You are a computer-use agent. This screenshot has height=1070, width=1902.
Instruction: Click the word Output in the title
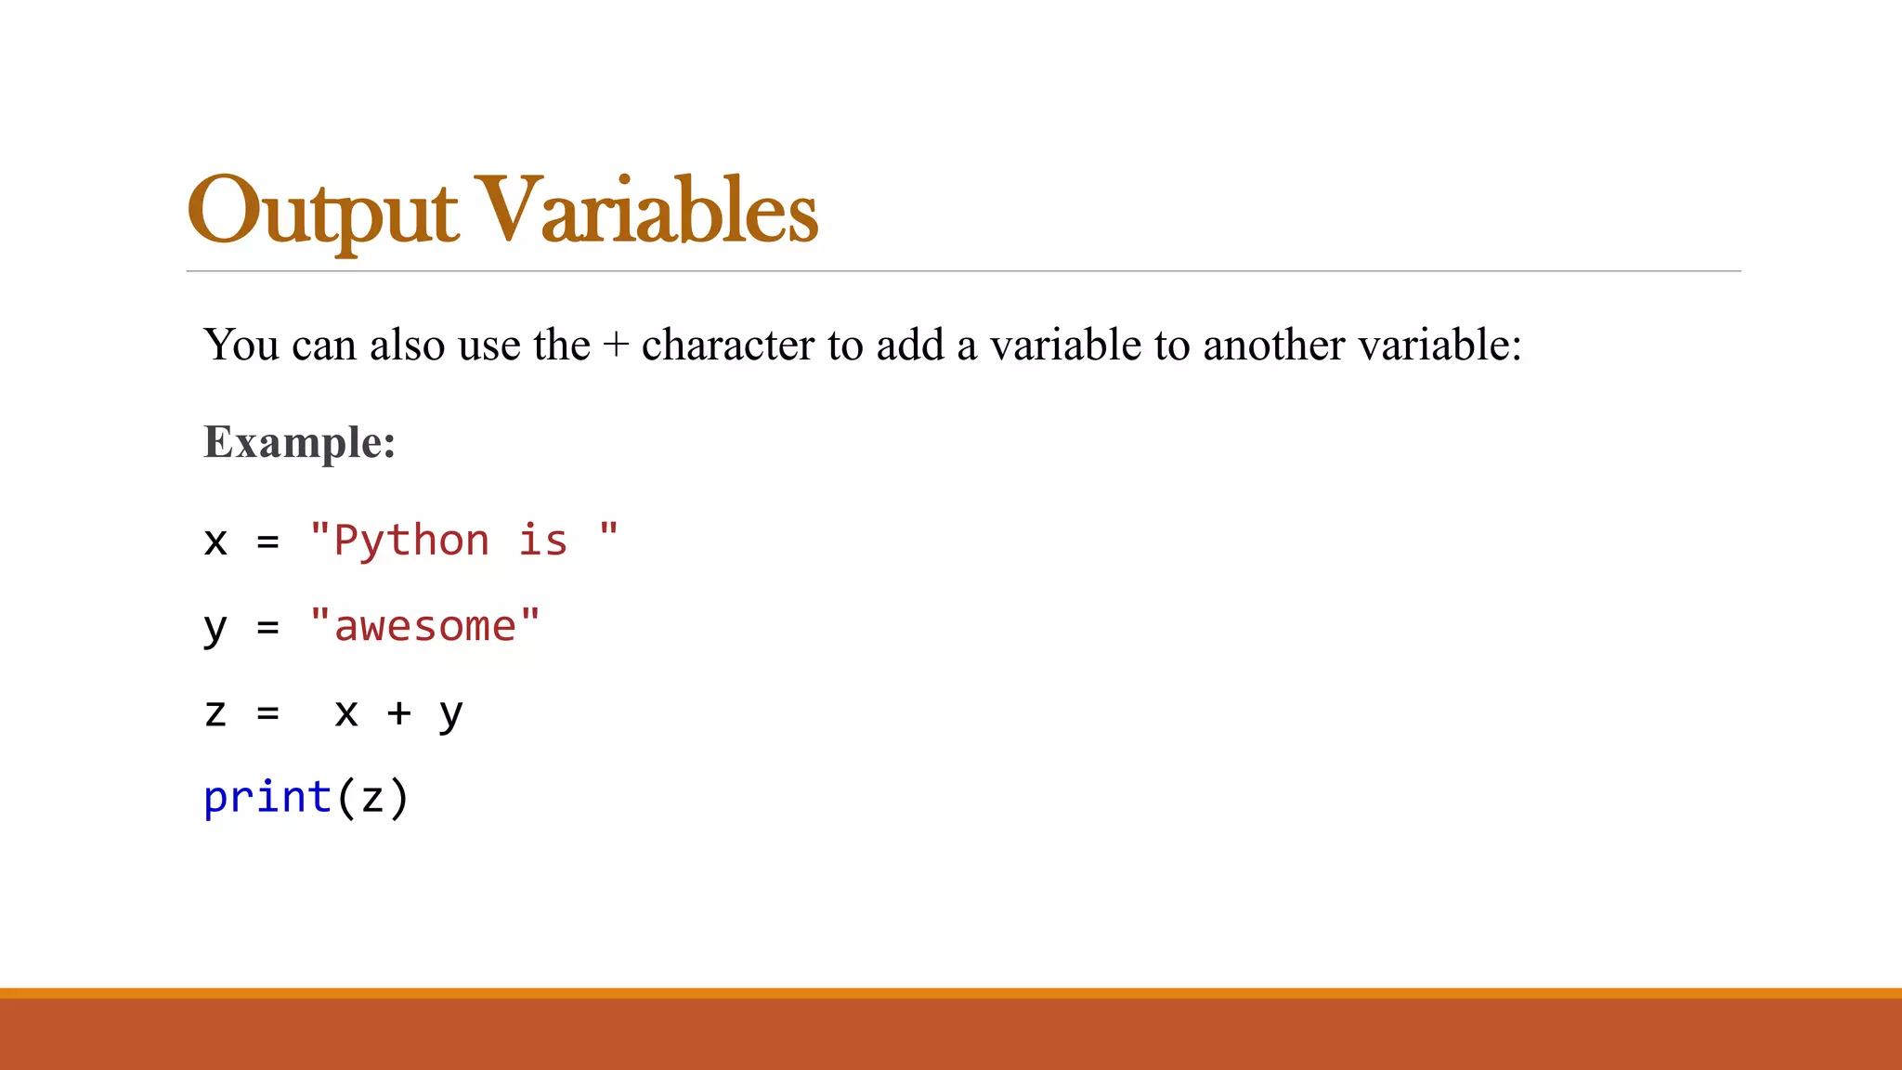point(322,212)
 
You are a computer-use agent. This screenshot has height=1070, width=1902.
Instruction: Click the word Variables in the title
point(649,211)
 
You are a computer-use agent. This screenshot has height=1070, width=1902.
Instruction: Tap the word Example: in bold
point(299,442)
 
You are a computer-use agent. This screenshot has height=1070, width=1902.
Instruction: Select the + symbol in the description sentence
point(615,346)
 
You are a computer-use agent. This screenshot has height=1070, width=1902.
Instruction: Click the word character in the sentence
point(728,346)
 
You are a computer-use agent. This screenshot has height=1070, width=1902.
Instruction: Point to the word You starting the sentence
point(241,346)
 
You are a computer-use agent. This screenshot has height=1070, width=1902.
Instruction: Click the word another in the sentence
point(1273,346)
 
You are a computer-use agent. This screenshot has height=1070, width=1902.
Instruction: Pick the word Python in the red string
point(411,541)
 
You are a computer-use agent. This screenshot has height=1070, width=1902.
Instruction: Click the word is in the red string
point(542,541)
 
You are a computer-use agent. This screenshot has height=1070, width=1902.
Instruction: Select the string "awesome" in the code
point(424,627)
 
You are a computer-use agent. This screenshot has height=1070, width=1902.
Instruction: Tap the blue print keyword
point(267,798)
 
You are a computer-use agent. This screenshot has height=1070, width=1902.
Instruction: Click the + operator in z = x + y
point(398,713)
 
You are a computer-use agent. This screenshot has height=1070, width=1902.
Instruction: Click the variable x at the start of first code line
point(215,542)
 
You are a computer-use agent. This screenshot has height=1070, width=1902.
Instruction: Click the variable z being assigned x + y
point(215,713)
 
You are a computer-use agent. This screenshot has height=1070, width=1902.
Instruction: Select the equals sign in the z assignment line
point(268,713)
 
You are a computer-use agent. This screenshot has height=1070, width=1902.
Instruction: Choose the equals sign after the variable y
point(268,628)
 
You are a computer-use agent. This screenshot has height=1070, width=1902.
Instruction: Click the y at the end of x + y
point(450,715)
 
